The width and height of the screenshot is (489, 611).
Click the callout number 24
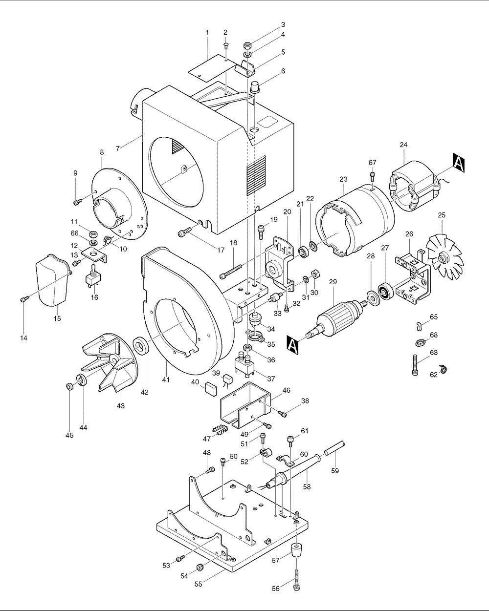point(403,145)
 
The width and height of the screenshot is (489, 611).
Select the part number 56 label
point(276,589)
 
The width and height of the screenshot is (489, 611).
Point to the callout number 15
point(57,318)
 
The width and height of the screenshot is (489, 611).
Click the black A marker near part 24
point(459,163)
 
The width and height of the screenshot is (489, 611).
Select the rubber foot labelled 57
point(296,550)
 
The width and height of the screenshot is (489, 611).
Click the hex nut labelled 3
point(248,45)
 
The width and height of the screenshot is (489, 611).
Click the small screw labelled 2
point(225,46)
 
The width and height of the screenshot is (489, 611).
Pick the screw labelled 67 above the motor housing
point(373,175)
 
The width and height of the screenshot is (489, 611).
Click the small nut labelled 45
point(69,387)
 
